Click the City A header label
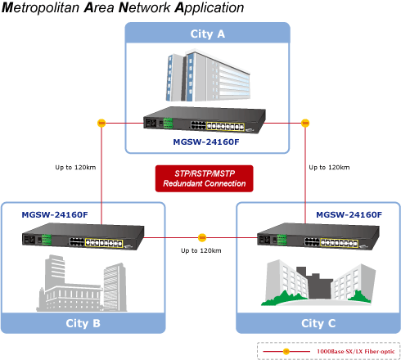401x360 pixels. coord(208,34)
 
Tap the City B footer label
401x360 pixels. coord(83,323)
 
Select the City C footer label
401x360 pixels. coord(318,323)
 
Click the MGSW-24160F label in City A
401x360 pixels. coord(206,142)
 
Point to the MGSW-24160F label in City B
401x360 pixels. coord(55,215)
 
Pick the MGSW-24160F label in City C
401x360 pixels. coord(349,215)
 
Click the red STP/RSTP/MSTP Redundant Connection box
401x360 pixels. coord(205,178)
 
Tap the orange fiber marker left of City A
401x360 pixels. coord(101,123)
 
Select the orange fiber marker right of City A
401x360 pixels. coord(305,123)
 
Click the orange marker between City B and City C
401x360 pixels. coord(202,237)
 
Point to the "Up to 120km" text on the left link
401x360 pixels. coord(75,168)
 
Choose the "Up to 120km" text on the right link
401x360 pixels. coord(329,168)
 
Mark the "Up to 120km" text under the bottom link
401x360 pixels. coord(201,250)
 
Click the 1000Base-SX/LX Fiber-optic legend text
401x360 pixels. coord(356,352)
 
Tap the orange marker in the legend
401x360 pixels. coord(286,351)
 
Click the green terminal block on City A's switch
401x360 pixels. coord(168,123)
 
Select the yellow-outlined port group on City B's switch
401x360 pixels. coord(104,243)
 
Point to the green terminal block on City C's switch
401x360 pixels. coord(282,240)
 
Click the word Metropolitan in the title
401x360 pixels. coord(41,7)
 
